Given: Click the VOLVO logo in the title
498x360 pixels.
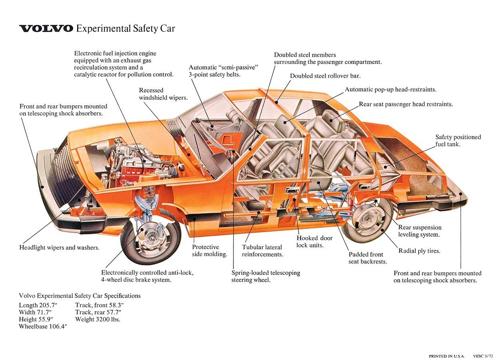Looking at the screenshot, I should click(46, 28).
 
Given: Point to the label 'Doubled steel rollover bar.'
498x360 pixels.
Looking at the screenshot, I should click(325, 76).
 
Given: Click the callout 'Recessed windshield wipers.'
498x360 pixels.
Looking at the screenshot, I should click(163, 94).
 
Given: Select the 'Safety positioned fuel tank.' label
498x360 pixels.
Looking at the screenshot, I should click(458, 140).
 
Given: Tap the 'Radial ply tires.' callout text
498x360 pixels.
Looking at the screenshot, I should click(419, 251).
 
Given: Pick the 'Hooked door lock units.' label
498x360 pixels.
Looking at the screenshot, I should click(315, 242).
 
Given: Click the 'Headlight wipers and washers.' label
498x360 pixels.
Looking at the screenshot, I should click(59, 248).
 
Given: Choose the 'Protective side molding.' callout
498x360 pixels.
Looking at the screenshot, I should click(209, 250).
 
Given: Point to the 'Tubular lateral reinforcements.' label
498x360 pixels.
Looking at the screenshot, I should click(262, 251).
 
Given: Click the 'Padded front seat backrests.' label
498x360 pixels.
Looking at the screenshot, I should click(367, 258).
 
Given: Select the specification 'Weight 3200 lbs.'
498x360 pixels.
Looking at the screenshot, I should click(98, 319).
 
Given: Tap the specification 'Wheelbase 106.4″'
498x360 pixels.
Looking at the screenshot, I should click(43, 326).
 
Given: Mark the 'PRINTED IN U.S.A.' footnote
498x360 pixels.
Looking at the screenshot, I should click(447, 356).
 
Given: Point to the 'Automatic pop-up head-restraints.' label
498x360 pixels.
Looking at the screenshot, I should click(390, 90).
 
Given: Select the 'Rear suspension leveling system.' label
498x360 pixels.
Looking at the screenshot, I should click(420, 231).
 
